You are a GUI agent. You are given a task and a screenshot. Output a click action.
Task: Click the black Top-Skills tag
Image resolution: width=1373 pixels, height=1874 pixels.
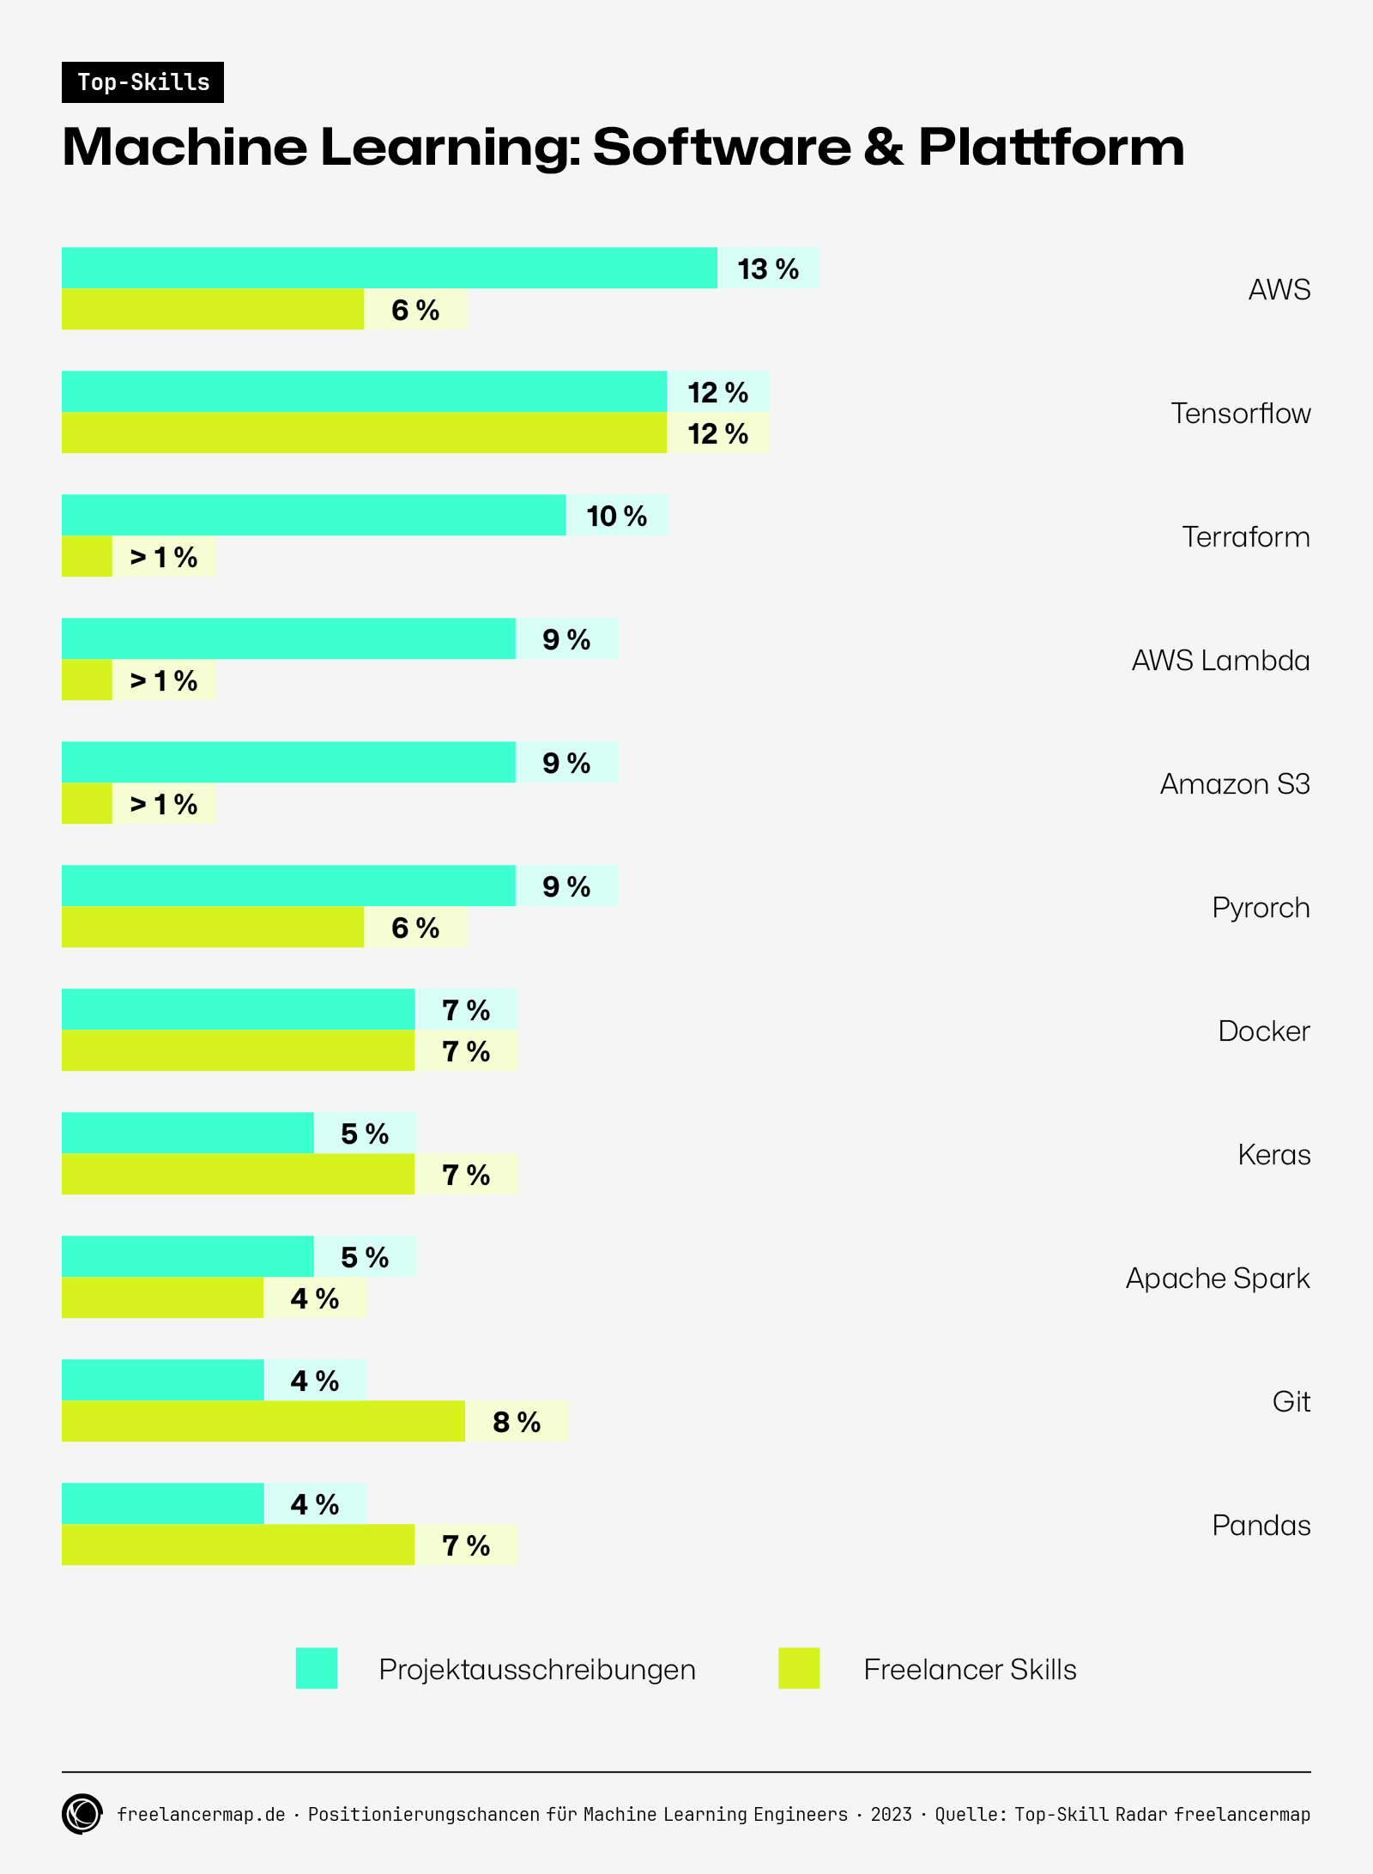click(142, 82)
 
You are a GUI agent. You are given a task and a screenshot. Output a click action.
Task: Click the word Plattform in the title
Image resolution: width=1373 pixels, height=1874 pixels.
click(1051, 147)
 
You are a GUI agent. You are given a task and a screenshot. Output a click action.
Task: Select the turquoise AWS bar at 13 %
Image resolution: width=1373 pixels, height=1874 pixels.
click(389, 268)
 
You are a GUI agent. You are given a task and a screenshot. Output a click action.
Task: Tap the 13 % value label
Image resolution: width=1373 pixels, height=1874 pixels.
click(768, 269)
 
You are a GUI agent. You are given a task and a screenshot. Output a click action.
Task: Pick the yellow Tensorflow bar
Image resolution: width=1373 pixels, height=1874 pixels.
click(364, 432)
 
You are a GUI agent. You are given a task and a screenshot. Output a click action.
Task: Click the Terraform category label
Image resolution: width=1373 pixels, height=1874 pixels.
click(1245, 537)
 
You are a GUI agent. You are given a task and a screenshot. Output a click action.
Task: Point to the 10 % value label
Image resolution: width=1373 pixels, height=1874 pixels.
click(617, 516)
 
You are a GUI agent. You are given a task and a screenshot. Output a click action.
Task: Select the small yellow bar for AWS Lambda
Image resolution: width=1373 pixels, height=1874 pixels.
click(87, 680)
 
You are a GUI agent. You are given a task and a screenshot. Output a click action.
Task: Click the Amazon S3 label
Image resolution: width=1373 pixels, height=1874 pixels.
click(1235, 784)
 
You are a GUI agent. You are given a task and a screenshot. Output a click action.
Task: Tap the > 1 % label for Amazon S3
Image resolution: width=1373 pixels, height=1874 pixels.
click(164, 804)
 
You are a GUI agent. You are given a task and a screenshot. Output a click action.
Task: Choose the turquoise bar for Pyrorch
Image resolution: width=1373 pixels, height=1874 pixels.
click(288, 886)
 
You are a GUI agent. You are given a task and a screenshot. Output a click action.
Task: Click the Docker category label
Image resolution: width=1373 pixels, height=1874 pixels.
click(1264, 1031)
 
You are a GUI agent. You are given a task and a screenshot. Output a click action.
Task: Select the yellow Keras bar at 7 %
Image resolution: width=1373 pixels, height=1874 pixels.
click(238, 1174)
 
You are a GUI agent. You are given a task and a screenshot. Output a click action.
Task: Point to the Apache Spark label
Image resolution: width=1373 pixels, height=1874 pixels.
click(1218, 1279)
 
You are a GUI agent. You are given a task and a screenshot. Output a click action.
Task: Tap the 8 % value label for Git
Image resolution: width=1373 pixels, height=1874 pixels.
click(517, 1422)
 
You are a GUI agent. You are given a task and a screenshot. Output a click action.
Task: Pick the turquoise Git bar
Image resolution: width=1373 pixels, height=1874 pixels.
click(162, 1380)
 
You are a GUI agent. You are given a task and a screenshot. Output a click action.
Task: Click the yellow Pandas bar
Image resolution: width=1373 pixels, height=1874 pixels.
click(238, 1545)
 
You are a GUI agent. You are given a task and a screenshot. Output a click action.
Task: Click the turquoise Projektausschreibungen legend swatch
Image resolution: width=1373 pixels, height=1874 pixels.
click(317, 1668)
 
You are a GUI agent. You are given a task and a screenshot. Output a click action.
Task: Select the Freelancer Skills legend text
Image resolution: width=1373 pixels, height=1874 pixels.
click(970, 1670)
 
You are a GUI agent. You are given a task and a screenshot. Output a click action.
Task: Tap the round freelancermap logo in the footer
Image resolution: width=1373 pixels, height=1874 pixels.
click(82, 1814)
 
